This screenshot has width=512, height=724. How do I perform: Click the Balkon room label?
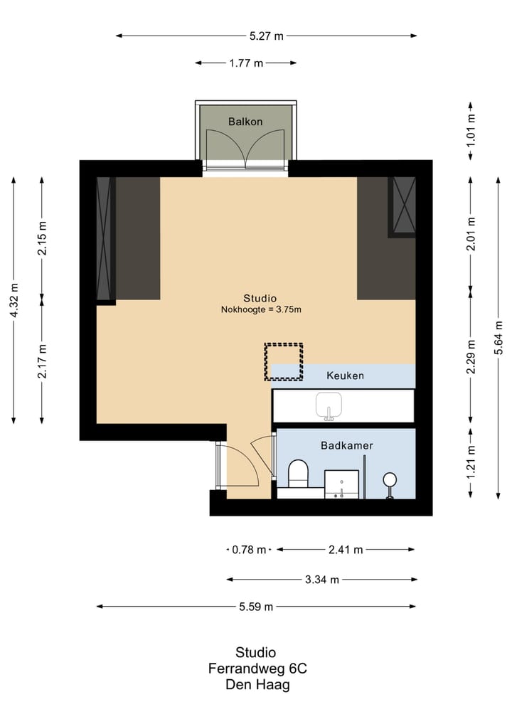click(245, 122)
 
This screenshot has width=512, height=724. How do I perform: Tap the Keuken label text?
click(345, 376)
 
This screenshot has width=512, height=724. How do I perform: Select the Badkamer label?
click(347, 446)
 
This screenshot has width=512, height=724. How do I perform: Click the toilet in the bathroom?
click(298, 474)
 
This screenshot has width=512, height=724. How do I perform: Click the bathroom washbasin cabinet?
click(341, 484)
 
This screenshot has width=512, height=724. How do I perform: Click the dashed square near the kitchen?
click(284, 361)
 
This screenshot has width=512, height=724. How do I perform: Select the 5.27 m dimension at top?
click(267, 36)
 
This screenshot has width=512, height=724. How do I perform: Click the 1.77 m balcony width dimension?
click(246, 63)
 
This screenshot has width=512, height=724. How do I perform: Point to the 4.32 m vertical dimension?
click(14, 300)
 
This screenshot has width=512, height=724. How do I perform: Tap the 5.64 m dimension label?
click(498, 338)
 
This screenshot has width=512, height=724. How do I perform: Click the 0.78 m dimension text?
click(249, 550)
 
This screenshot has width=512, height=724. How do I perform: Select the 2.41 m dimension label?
click(346, 550)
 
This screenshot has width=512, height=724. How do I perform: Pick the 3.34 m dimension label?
click(322, 580)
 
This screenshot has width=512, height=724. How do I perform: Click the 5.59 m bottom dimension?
click(256, 607)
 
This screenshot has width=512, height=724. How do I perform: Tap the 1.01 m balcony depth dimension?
click(471, 130)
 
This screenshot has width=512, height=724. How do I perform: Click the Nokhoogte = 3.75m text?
click(261, 310)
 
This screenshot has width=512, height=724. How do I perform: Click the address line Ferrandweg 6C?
click(257, 669)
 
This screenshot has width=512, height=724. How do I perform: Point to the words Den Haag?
click(257, 685)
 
